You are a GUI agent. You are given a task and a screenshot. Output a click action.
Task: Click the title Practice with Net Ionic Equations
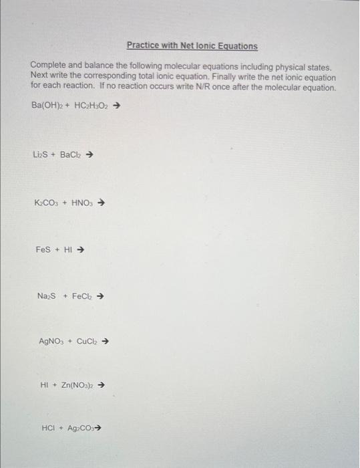click(x=192, y=46)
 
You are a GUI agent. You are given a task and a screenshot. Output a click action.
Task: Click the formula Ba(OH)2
click(x=46, y=106)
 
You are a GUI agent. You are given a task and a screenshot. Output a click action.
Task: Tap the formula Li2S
click(x=41, y=155)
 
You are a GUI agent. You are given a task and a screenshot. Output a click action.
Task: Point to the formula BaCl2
click(x=72, y=155)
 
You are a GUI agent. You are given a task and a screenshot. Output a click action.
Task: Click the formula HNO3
click(x=83, y=203)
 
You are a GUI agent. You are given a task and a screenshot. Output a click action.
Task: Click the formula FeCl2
click(x=83, y=296)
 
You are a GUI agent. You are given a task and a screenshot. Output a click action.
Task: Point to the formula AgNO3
click(x=53, y=341)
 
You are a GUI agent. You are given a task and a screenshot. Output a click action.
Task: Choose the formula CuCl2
click(x=88, y=341)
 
